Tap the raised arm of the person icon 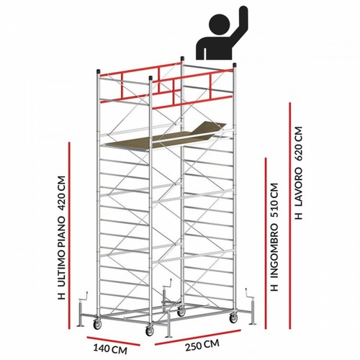click(238, 27)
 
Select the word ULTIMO click(61, 270)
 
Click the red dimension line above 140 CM click(113, 341)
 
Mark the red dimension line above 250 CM click(198, 338)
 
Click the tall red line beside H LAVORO click(290, 215)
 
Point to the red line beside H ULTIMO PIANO click(69, 235)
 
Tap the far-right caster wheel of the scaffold click(233, 318)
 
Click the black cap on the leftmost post click(98, 71)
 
